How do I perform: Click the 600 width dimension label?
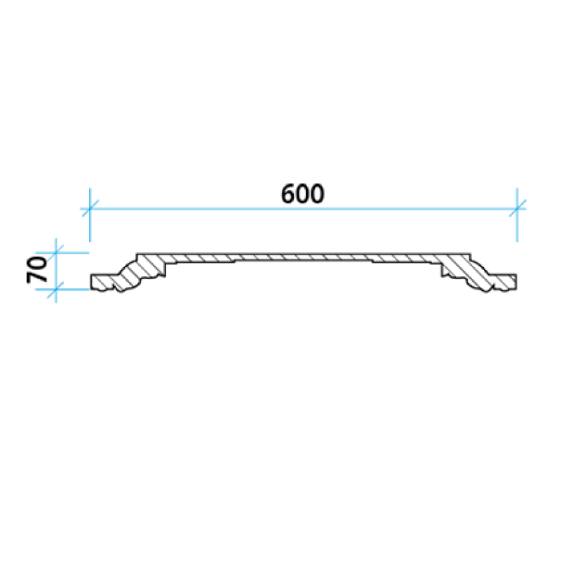click(303, 194)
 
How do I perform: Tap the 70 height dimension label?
click(37, 270)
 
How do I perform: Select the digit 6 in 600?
click(288, 194)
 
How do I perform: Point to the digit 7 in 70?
click(37, 277)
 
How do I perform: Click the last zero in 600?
click(318, 194)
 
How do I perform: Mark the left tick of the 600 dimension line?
click(90, 208)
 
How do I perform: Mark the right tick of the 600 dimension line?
click(518, 208)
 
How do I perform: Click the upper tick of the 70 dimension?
click(56, 253)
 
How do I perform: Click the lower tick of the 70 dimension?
click(56, 290)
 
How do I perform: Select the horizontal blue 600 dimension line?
click(304, 208)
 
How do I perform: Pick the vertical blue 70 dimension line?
click(56, 271)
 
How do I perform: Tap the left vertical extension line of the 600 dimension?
click(90, 215)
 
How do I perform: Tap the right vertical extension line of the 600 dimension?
click(518, 215)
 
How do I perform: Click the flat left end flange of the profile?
click(102, 282)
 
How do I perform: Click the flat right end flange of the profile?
click(505, 282)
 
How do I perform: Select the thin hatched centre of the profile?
click(304, 257)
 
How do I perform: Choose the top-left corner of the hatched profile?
click(137, 254)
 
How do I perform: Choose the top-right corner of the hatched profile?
click(471, 254)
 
